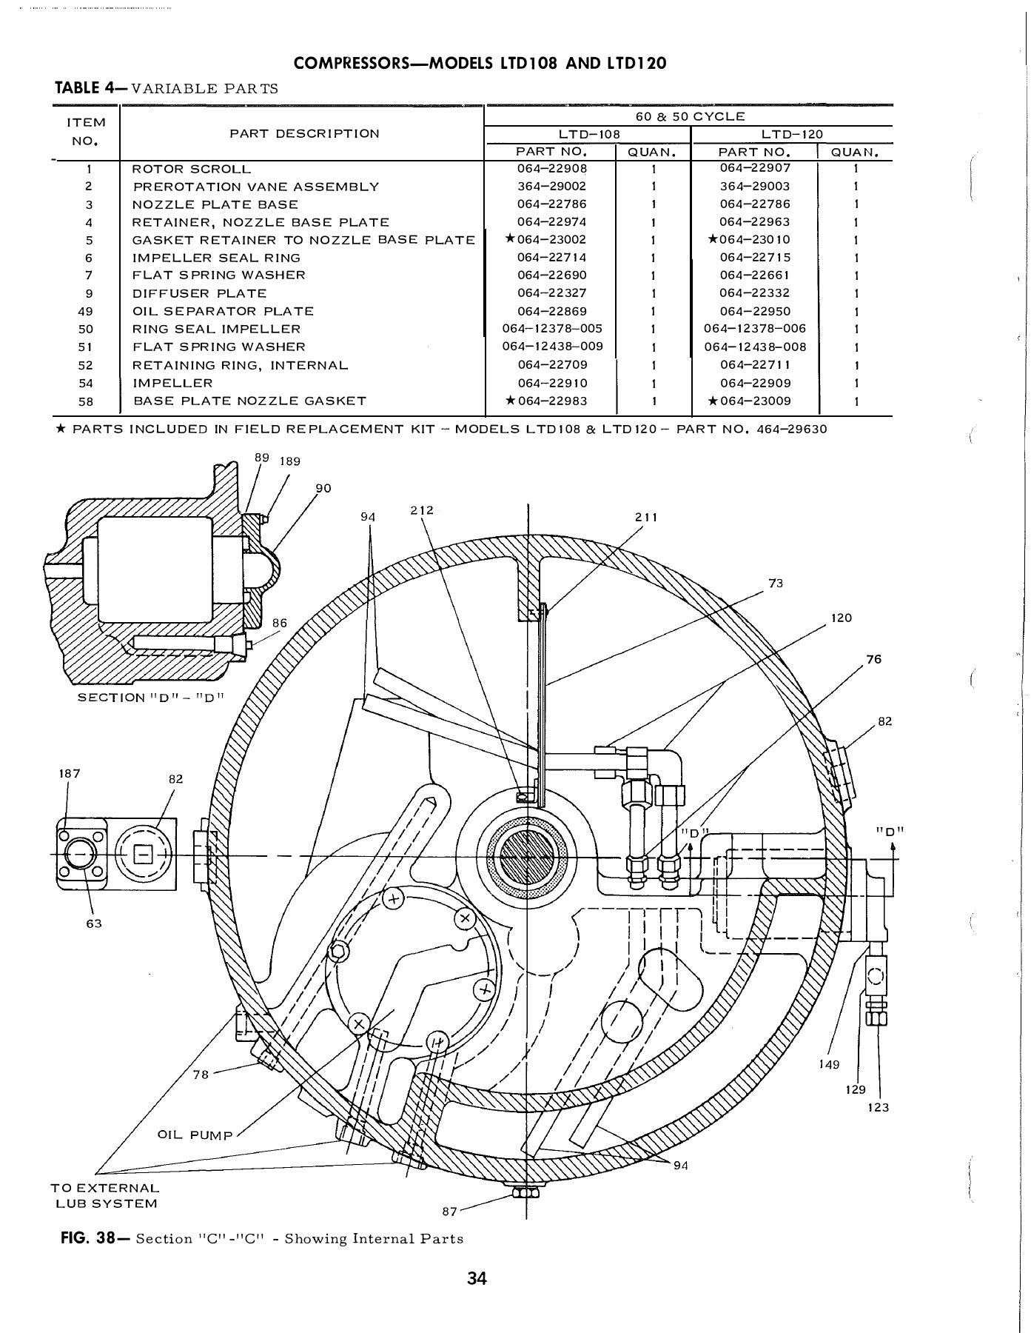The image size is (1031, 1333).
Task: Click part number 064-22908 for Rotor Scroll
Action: coord(551,169)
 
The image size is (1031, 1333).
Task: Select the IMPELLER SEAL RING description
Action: coord(216,258)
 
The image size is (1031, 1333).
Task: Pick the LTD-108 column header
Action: coord(588,135)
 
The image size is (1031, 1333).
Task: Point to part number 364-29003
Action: coord(754,187)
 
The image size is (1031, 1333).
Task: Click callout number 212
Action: coord(420,510)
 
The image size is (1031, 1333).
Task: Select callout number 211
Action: coord(646,517)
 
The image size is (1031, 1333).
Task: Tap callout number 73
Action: coord(776,584)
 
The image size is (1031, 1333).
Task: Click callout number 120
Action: coord(842,618)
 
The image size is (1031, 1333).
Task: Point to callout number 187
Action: coord(68,774)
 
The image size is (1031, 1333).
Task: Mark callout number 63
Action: coord(94,923)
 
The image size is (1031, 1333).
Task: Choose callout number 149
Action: coord(830,1064)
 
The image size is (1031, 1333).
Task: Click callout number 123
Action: coord(879,1108)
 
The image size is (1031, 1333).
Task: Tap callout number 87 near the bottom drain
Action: coord(449,1211)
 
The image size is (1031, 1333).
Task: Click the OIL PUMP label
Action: coord(195,1135)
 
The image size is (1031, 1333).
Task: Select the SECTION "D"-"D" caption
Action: coord(150,698)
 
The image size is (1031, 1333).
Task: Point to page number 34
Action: coord(477,1279)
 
